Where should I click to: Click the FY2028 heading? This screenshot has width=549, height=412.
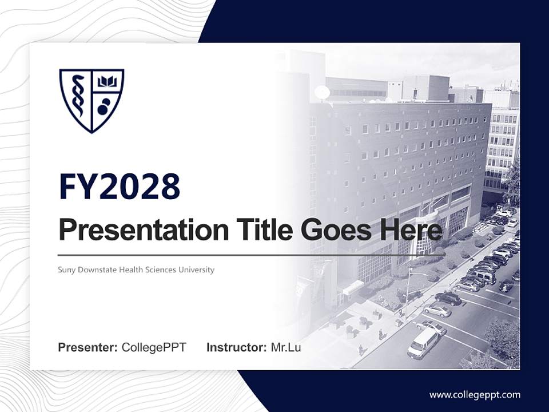120,187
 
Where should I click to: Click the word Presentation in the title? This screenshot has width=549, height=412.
144,231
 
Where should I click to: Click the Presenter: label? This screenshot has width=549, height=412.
88,347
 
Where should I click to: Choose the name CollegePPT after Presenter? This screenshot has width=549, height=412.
154,347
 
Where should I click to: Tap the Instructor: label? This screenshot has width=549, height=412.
236,347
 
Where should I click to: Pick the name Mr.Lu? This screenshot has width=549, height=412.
286,347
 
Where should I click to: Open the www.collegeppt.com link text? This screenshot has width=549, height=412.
475,394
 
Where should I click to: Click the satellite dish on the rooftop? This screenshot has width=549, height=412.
322,92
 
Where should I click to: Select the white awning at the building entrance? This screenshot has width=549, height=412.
353,287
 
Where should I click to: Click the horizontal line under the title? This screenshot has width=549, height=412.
252,255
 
